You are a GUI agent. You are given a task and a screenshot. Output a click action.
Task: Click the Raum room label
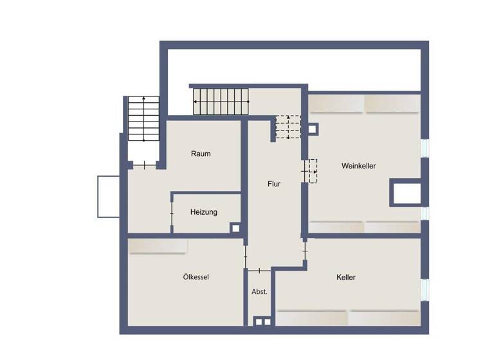tap(201, 154)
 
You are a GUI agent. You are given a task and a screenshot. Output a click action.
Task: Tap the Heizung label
tap(204, 212)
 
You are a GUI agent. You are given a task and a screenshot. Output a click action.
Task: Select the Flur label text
tap(274, 184)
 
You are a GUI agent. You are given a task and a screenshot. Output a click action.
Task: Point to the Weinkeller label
tap(358, 166)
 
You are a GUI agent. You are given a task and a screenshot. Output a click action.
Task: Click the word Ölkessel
tap(196, 277)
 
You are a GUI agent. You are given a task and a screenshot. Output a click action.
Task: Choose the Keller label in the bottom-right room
tap(345, 278)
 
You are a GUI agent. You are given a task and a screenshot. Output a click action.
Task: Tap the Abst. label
tap(259, 291)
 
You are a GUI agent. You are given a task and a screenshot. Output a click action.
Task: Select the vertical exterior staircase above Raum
tap(143, 119)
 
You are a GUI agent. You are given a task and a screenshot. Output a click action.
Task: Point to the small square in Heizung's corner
tap(235, 228)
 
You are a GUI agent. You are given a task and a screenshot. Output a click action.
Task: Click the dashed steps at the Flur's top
tap(288, 127)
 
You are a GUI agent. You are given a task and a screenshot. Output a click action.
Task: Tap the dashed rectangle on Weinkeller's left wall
tap(313, 170)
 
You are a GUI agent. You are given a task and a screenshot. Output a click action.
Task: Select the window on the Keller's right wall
tap(424, 289)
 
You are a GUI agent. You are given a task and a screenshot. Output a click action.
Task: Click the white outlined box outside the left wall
tap(109, 196)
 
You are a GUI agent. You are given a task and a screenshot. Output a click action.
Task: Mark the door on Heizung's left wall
tap(172, 213)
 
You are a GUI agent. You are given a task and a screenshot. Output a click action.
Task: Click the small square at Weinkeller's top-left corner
tap(312, 129)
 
